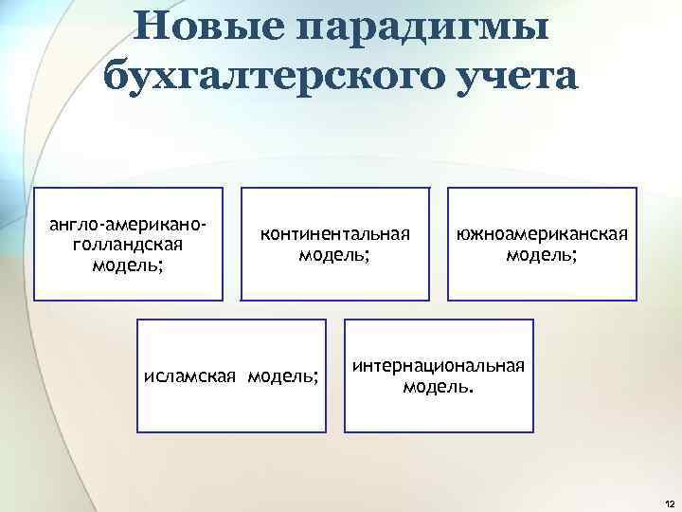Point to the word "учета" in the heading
[x=508, y=75]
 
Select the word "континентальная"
[x=334, y=234]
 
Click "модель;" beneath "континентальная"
[x=334, y=254]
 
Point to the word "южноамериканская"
[x=542, y=234]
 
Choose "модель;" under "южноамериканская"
[x=542, y=254]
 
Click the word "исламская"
[x=191, y=376]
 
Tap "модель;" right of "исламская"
[x=283, y=376]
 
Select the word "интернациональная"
[x=438, y=367]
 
